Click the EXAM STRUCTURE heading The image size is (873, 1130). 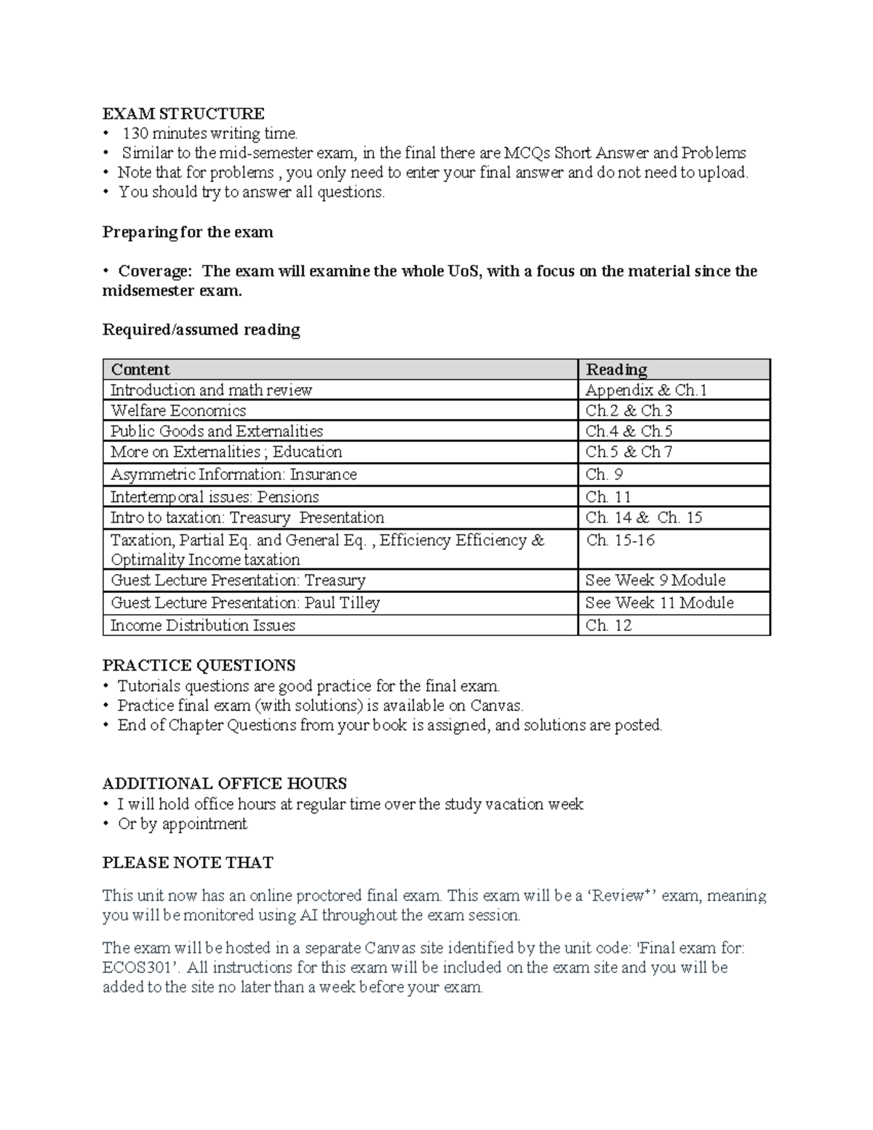point(183,114)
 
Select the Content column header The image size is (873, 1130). point(140,370)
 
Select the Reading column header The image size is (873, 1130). point(616,370)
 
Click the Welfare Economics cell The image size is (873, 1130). point(178,410)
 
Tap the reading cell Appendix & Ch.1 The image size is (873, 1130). point(646,390)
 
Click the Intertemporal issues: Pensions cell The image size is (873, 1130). point(215,497)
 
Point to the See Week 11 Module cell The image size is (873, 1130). point(659,602)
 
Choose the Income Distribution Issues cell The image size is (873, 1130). point(203,625)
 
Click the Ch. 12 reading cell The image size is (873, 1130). point(608,625)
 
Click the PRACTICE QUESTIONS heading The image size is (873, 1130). point(199,665)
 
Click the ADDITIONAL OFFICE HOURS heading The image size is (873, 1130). point(224,784)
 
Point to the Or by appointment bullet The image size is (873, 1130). point(183,824)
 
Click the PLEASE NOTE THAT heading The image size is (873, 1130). point(188,863)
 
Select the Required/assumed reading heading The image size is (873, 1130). point(201,330)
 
